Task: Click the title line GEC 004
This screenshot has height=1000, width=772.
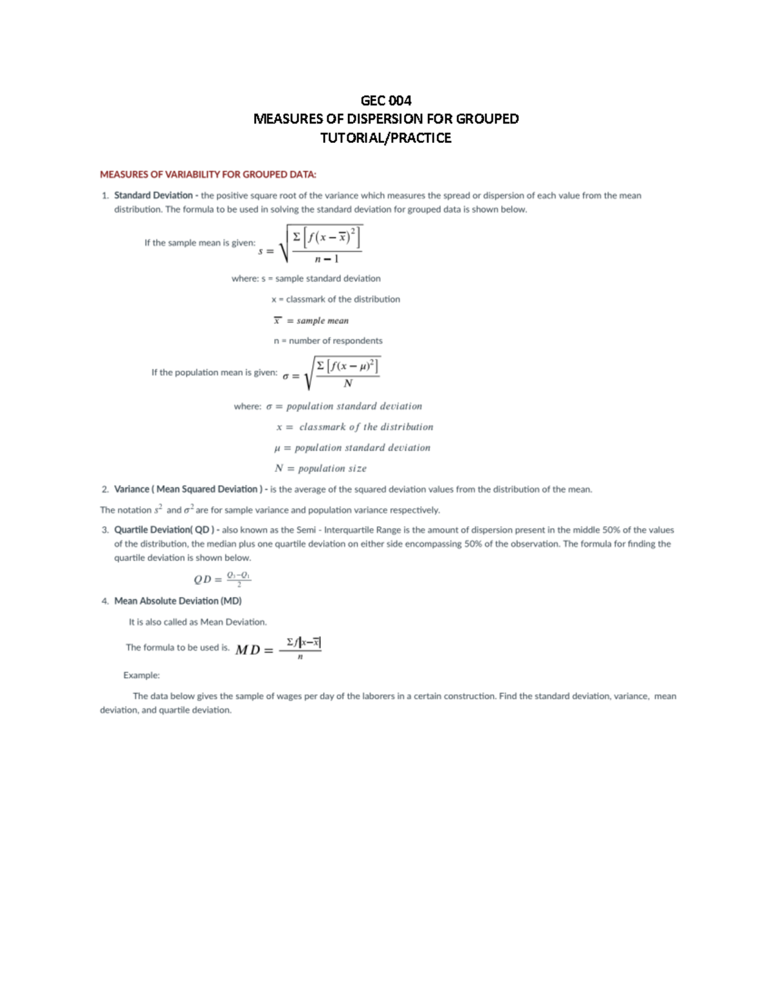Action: point(385,100)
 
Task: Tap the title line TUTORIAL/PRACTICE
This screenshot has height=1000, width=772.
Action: point(385,138)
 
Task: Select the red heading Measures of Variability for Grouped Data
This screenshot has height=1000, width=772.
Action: point(208,175)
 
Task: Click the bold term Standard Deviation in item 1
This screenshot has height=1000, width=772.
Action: point(153,195)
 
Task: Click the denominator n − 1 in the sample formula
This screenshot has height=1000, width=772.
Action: point(326,259)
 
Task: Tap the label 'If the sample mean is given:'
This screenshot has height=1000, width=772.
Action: point(199,243)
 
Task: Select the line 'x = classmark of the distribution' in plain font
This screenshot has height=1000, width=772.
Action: point(335,299)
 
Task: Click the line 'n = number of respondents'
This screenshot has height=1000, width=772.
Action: point(327,341)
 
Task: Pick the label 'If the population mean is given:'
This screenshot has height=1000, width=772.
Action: point(214,373)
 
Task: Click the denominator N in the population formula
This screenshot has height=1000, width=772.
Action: point(348,384)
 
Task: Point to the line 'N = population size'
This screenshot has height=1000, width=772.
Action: point(320,469)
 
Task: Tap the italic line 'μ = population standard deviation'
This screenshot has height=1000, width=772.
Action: point(352,448)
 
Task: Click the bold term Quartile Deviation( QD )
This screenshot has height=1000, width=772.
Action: point(166,530)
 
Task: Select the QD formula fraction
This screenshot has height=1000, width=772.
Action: point(239,579)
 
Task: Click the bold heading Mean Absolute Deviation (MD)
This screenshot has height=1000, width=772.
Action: point(178,601)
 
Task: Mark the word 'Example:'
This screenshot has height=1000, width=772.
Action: point(142,675)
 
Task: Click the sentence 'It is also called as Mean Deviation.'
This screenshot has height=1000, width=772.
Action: point(198,622)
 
